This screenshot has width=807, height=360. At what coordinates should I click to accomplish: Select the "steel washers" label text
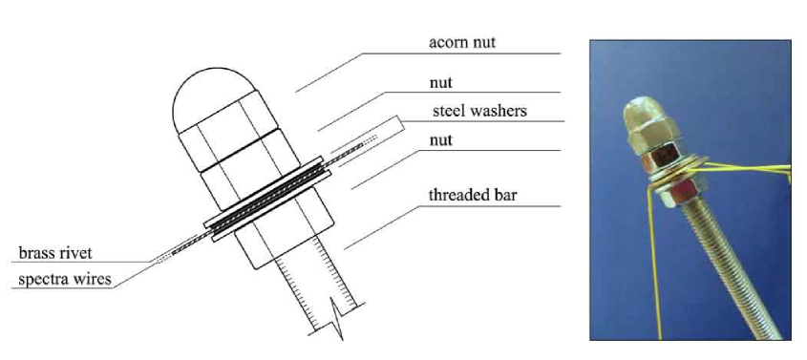click(478, 111)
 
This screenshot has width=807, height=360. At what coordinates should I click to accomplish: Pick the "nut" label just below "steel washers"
click(441, 139)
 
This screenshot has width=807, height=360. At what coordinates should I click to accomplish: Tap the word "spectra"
click(39, 281)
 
